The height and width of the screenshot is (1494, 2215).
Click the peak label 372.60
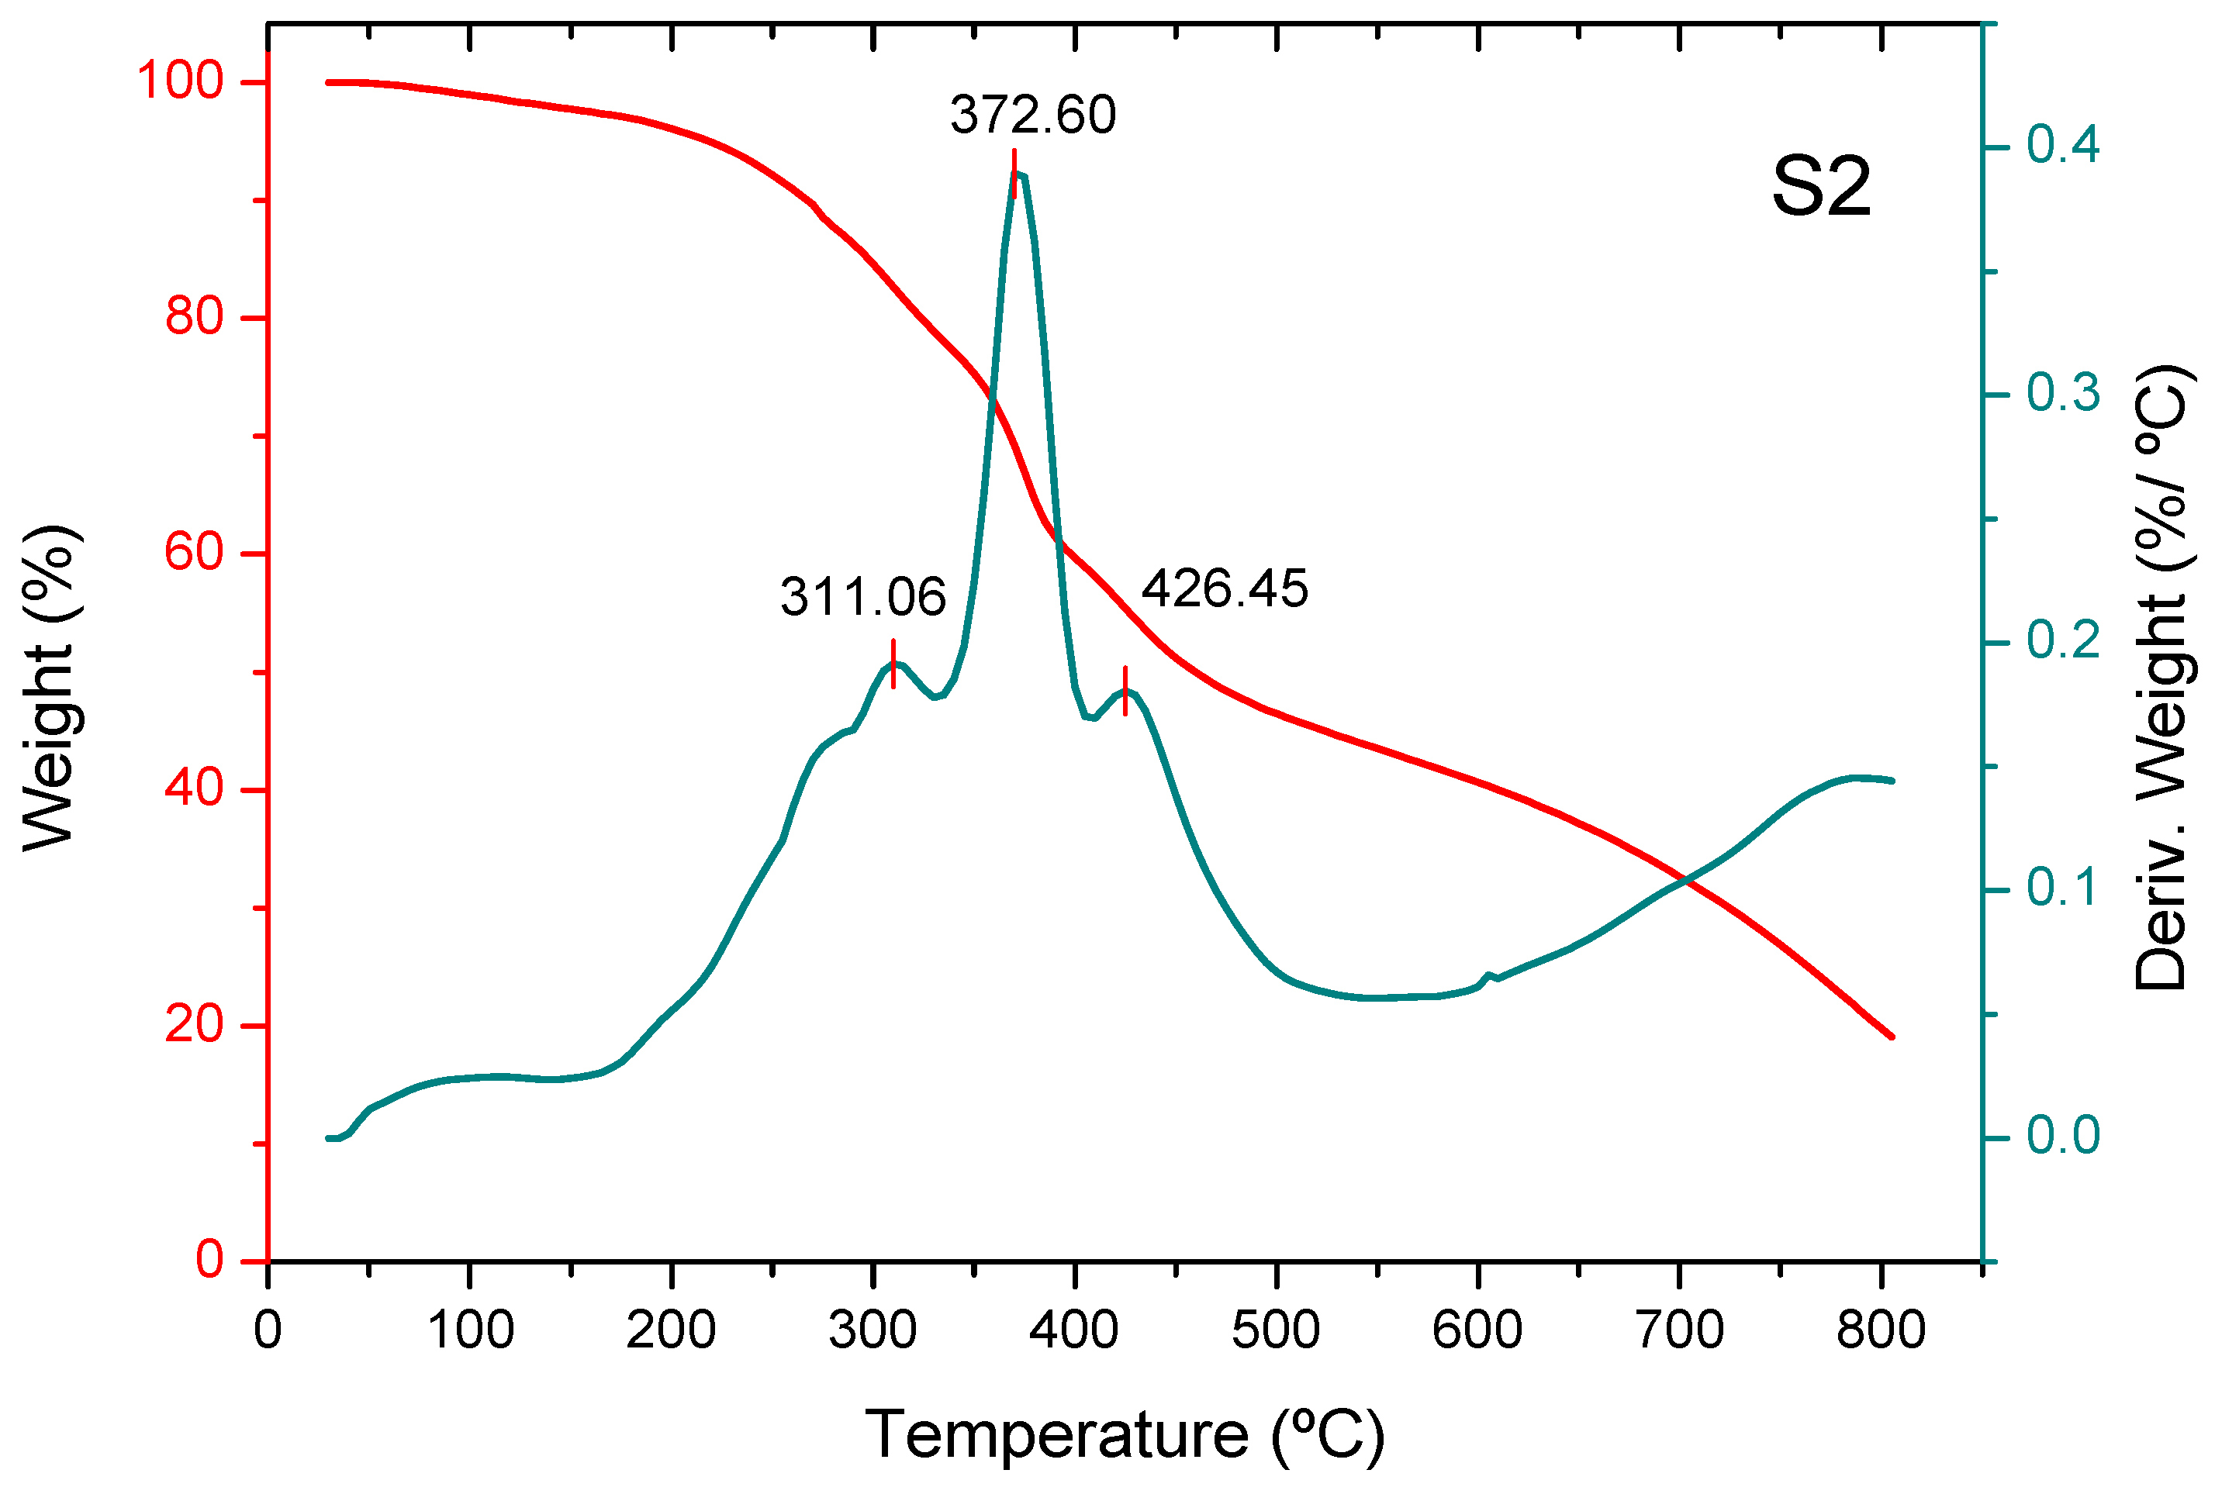[x=1032, y=116]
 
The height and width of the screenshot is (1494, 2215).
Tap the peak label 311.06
[x=862, y=599]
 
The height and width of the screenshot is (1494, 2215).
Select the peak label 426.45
[x=1225, y=588]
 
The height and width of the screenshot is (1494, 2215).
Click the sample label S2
[x=1821, y=187]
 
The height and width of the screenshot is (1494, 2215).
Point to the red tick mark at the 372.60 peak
[x=1014, y=174]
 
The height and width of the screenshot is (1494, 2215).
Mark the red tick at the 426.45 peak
[x=1125, y=691]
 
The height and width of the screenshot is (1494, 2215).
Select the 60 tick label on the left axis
[x=195, y=553]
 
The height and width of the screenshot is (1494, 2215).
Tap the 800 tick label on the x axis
[x=1881, y=1330]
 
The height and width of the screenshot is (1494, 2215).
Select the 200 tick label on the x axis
[x=671, y=1330]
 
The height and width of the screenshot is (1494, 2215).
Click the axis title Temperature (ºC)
[x=1125, y=1435]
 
